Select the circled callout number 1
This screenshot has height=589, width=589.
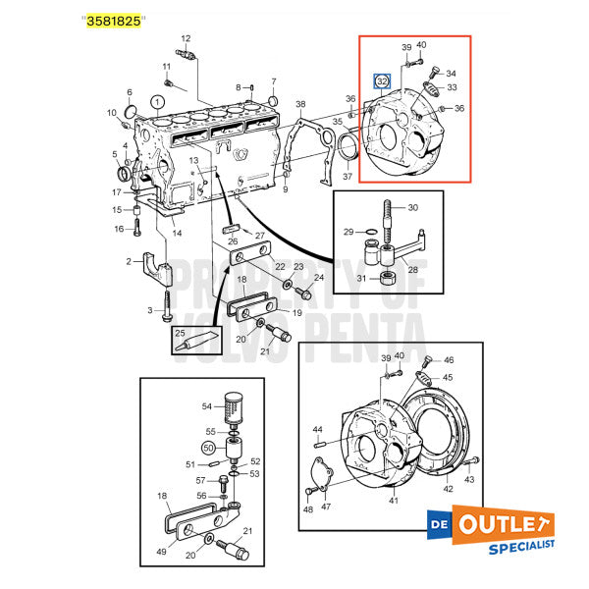click(x=157, y=101)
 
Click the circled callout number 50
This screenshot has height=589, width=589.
click(x=208, y=449)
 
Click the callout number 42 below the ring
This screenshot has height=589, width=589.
click(x=448, y=488)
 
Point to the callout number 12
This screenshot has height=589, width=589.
click(x=185, y=39)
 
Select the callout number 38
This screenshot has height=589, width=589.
click(x=300, y=104)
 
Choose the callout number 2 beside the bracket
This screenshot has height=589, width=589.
click(x=129, y=261)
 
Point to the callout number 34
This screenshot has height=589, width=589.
click(x=451, y=74)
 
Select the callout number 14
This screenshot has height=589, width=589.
click(x=177, y=234)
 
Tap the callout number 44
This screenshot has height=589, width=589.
click(x=318, y=430)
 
